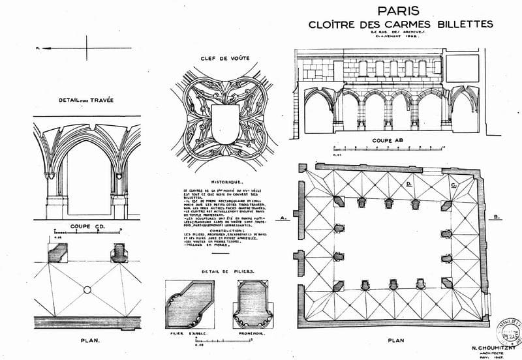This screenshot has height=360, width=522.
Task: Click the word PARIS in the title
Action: coord(399,11)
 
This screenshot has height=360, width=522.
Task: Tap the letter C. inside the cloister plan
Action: coord(454,185)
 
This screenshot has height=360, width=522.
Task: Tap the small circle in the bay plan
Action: coord(86,289)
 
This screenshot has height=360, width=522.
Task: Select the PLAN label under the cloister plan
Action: coord(395,340)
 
